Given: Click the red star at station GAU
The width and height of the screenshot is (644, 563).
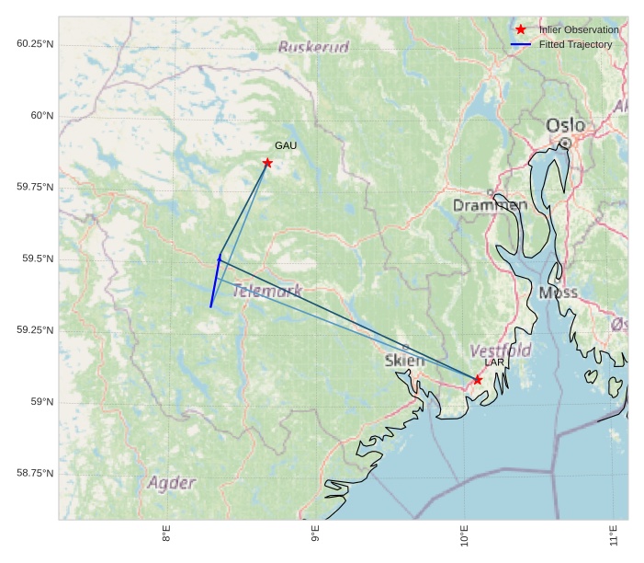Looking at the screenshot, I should (267, 163).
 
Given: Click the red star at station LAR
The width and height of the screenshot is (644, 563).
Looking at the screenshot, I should (478, 379).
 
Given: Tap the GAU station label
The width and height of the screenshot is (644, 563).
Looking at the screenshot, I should (286, 145).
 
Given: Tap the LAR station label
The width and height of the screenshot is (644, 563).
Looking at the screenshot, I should (494, 362).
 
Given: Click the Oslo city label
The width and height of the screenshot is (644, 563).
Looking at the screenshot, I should (565, 125).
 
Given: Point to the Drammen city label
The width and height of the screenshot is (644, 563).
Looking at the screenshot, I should (490, 205).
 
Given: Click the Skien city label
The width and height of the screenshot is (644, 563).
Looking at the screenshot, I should (405, 361).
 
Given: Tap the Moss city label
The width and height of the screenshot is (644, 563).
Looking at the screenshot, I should (559, 293).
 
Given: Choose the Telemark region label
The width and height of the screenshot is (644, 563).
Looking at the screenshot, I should (267, 291).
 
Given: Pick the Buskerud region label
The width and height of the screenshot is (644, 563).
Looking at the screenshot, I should (313, 47).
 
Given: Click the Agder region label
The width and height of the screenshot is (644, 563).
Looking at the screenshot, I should (172, 483).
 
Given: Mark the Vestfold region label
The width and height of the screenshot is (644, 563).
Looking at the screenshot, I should (501, 350).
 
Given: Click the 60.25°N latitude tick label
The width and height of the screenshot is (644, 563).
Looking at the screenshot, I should (35, 44).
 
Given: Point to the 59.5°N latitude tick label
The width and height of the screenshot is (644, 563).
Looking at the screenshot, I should (38, 259).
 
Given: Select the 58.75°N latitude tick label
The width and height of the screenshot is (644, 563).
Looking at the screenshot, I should (35, 473).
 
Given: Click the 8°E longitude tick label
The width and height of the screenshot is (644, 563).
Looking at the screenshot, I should (166, 535).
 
